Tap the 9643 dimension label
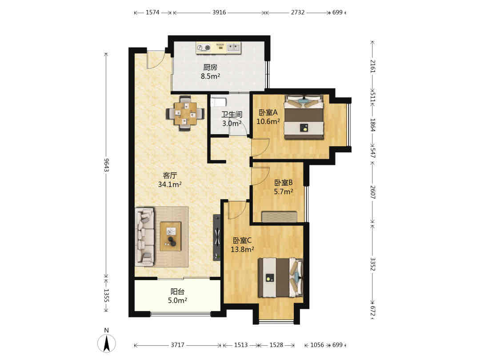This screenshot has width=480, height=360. [106, 165]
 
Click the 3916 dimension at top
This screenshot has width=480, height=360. [219, 12]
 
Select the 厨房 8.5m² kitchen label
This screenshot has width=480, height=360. [210, 72]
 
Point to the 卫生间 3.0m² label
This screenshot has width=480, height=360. [232, 119]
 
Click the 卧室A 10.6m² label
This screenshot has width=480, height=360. [268, 117]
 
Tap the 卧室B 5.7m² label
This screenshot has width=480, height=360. [284, 187]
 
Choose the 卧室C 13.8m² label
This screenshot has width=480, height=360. [242, 245]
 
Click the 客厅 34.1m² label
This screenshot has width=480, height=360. [170, 180]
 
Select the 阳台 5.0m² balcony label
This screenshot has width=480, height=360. [177, 296]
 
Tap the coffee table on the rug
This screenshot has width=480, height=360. [171, 236]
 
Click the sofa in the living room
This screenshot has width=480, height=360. [144, 236]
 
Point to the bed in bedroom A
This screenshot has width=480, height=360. [304, 117]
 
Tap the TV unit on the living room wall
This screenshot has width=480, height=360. [217, 237]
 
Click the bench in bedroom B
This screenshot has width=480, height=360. [280, 217]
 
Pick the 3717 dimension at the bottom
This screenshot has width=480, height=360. [177, 345]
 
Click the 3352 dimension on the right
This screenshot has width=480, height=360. [372, 264]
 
